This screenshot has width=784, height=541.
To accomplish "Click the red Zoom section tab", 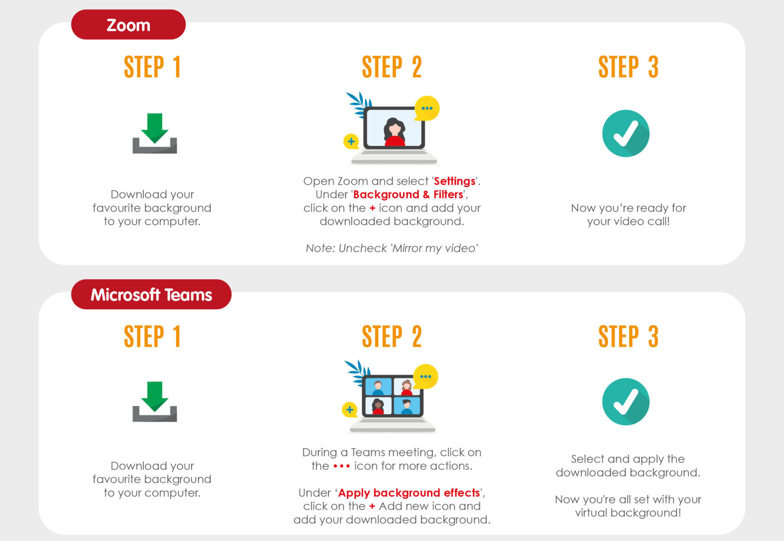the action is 128,25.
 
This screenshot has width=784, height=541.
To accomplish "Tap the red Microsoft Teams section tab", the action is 151,294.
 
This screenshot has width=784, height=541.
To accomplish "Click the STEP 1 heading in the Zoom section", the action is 152,67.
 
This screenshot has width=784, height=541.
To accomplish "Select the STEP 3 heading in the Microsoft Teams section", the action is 628,336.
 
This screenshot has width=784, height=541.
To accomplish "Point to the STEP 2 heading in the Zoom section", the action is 392,67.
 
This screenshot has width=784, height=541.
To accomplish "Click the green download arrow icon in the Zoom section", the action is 155,133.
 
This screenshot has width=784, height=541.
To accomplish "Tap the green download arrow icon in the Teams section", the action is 155,401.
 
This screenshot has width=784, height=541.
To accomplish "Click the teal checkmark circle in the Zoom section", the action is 626,134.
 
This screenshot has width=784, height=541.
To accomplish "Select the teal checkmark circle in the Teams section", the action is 626,402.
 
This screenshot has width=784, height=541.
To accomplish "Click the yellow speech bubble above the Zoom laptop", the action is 427,108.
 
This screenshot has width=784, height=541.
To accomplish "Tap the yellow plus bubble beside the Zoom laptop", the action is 351,141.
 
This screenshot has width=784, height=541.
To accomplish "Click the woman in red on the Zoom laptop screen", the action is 395,132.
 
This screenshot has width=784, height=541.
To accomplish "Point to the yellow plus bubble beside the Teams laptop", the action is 350,410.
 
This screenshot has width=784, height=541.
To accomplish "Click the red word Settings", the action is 454,181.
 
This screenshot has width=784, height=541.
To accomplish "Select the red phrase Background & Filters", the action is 408,194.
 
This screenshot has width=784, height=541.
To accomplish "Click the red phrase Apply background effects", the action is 409,492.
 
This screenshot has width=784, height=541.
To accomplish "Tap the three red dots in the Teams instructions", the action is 341,466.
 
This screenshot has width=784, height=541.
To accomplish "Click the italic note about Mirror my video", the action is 392,248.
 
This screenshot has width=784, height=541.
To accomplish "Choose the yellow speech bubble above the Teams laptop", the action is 425,377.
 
